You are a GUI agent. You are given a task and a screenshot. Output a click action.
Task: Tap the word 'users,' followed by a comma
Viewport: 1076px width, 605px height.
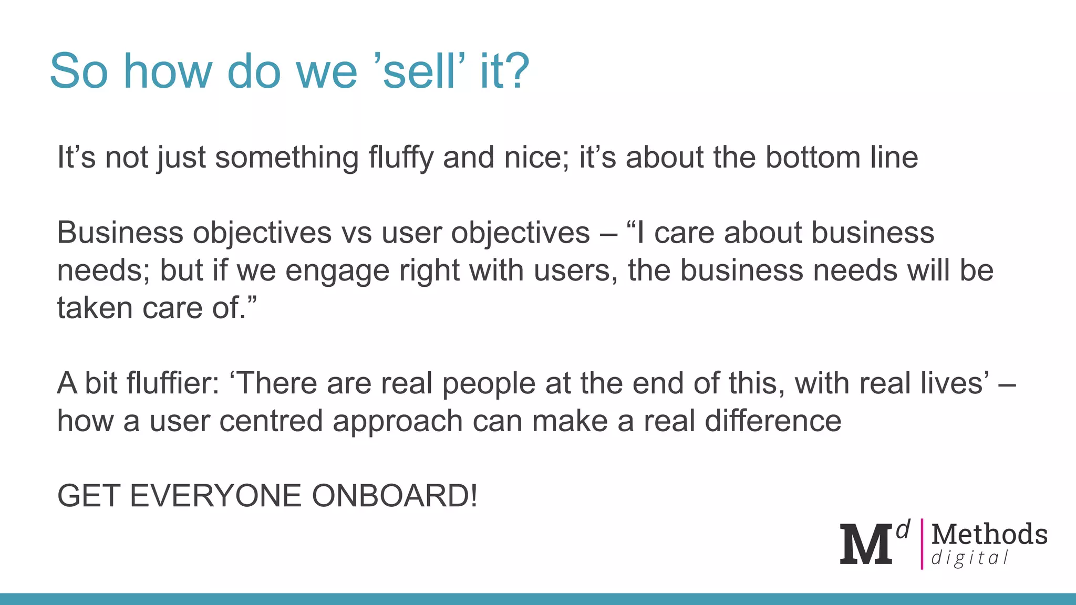coord(574,271)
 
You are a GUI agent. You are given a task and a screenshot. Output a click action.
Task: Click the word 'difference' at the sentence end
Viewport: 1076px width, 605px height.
coord(772,421)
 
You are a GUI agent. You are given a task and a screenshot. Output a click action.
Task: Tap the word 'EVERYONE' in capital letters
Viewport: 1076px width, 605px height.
coord(215,496)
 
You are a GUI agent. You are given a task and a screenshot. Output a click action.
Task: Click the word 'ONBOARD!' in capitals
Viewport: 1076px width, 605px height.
coord(395,496)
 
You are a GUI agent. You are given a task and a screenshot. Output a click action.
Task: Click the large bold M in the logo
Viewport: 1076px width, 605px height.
coord(866,544)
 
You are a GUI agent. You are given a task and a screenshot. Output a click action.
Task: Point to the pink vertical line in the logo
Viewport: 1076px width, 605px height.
coord(922,544)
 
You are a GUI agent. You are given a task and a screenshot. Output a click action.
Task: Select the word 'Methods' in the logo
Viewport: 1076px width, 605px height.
coord(989,534)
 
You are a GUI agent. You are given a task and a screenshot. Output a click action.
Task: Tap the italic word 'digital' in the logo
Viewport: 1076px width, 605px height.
coord(970,558)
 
